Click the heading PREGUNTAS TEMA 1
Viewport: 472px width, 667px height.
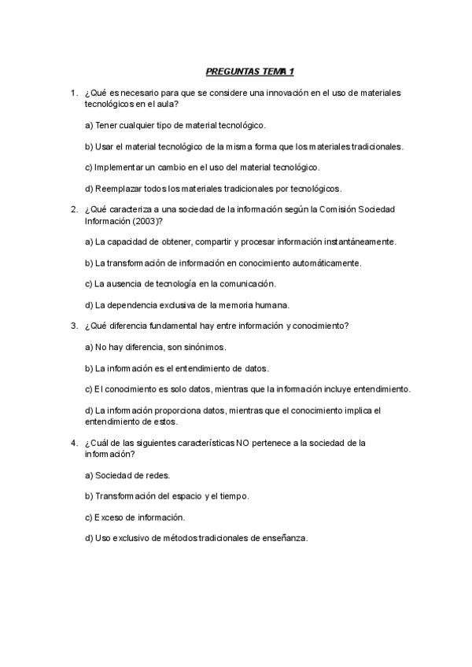pyautogui.click(x=249, y=72)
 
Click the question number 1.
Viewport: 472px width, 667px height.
pyautogui.click(x=73, y=93)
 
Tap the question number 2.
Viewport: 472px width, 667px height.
pyautogui.click(x=73, y=209)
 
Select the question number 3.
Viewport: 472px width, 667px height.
pyautogui.click(x=73, y=326)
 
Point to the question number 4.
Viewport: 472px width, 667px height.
pyautogui.click(x=73, y=442)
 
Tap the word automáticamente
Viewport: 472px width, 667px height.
pyautogui.click(x=322, y=262)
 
